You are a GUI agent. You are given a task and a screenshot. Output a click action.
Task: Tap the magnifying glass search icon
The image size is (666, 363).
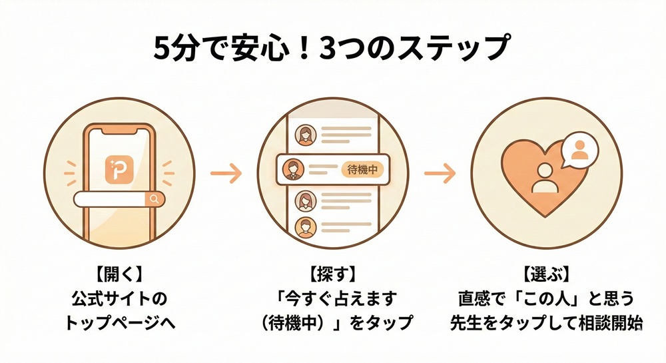pos(155,198)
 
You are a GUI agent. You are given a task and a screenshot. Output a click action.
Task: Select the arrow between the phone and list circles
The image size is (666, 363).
pos(225,175)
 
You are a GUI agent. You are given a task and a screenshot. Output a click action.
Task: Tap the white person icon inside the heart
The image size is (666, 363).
pos(545,179)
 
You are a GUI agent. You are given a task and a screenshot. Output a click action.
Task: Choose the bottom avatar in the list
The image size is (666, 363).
pos(306,226)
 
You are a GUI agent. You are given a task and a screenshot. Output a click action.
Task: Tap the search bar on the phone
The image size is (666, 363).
pos(113,198)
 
